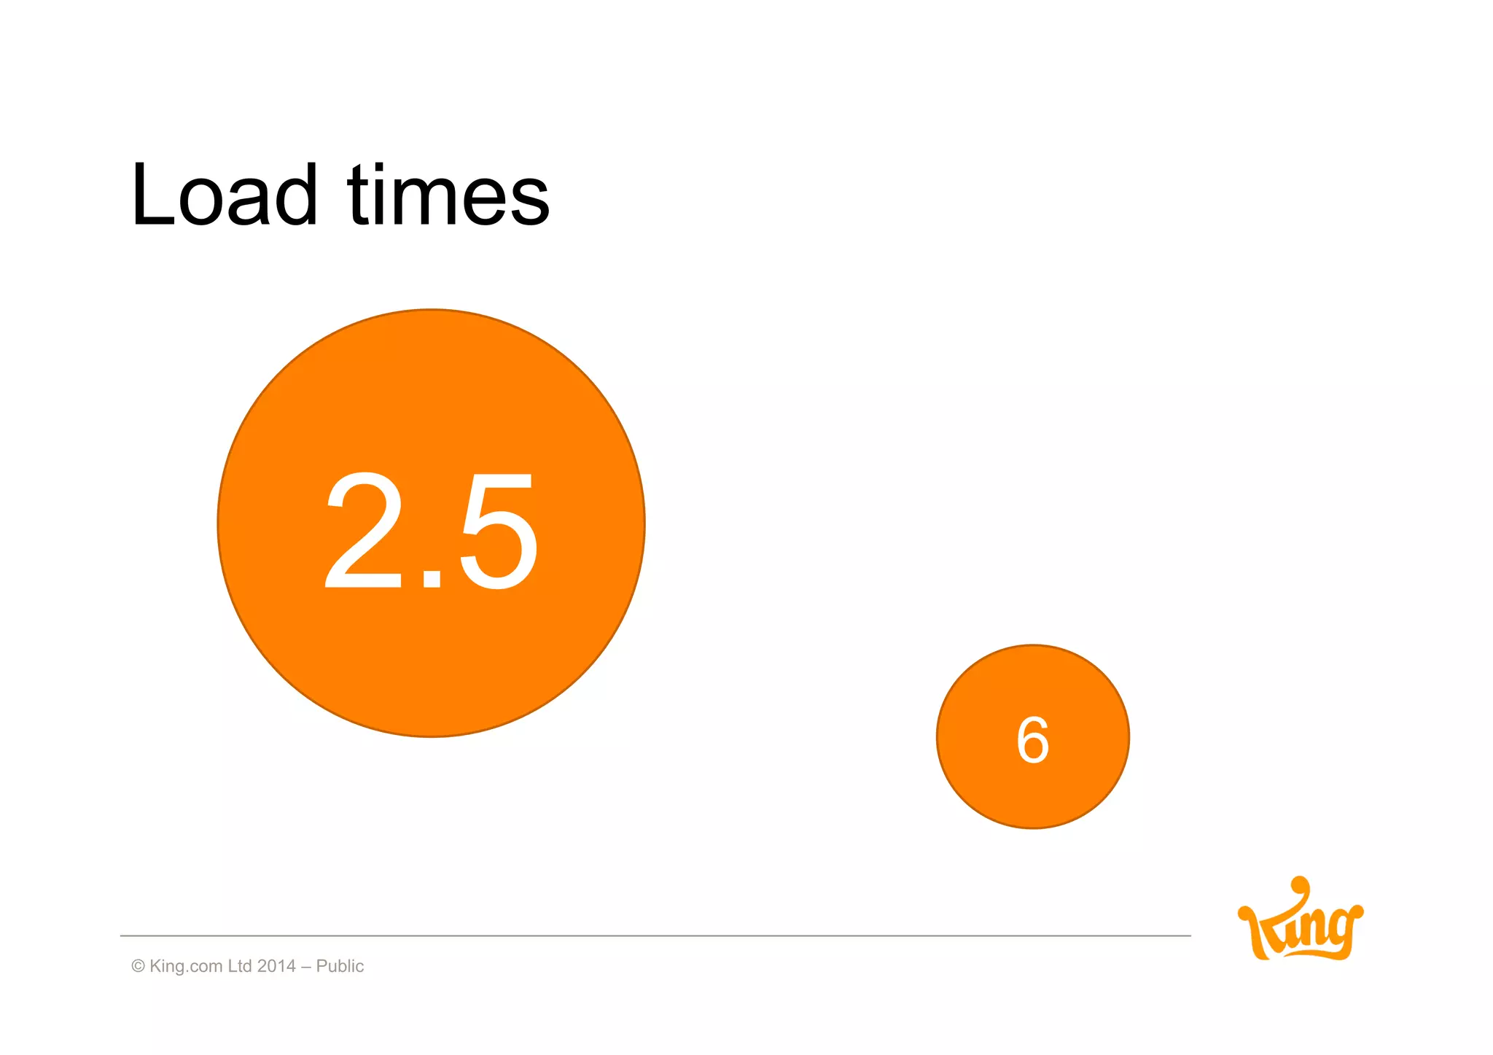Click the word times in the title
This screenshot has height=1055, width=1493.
448,195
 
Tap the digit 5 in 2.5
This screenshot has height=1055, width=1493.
498,530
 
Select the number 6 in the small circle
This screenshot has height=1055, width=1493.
1032,740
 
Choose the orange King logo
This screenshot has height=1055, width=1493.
1301,921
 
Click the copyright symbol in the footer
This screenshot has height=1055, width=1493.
138,966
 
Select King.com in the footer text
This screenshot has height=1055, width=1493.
186,966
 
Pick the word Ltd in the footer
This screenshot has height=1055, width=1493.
240,966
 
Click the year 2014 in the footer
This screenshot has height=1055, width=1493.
276,966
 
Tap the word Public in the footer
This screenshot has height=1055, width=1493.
340,966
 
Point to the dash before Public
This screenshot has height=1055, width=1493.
305,967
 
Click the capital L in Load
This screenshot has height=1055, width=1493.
151,195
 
